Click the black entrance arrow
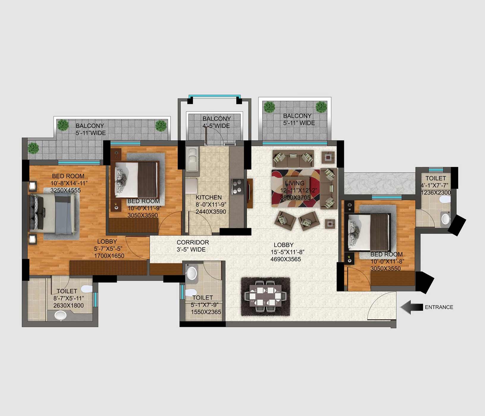[412, 307]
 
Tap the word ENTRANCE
[439, 307]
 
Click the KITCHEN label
[209, 197]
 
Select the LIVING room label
[295, 183]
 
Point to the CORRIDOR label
[193, 242]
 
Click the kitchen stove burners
[238, 187]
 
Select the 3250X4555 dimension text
[65, 190]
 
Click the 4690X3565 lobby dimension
[286, 259]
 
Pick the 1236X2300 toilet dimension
[436, 193]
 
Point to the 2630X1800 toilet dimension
[68, 305]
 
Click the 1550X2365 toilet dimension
[206, 312]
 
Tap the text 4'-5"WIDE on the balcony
[216, 126]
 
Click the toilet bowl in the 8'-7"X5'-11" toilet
[87, 288]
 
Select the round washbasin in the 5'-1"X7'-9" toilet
[192, 272]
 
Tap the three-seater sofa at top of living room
[293, 158]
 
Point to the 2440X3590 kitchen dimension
[211, 212]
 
